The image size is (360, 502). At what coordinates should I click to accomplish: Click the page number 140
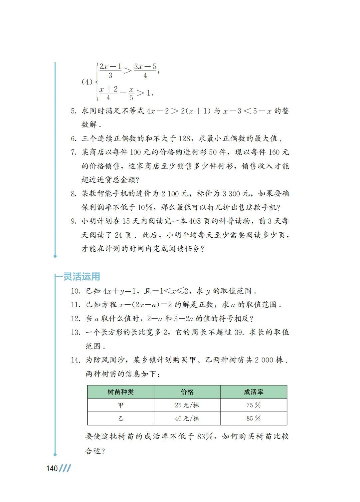tap(52, 469)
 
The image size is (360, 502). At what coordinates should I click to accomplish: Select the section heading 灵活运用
tap(82, 276)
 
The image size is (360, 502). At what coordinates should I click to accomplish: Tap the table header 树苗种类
tap(120, 392)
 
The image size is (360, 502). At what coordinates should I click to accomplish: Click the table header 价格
tap(187, 392)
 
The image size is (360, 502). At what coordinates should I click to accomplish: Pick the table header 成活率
tap(254, 392)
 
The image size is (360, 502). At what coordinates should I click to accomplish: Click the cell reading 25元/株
tap(187, 405)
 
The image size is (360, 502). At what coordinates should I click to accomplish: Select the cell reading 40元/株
tap(187, 418)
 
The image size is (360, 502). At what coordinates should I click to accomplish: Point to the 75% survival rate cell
tap(254, 405)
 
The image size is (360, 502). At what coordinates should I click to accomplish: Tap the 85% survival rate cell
tap(254, 418)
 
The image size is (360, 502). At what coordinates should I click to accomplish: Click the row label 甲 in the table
tap(120, 405)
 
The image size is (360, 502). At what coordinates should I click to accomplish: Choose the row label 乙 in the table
tap(120, 418)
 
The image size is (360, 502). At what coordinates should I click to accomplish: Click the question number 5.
tap(74, 111)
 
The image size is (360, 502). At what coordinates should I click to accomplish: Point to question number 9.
tap(74, 221)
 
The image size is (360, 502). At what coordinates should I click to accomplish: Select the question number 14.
tap(76, 360)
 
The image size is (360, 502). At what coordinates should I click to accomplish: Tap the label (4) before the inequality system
tap(87, 82)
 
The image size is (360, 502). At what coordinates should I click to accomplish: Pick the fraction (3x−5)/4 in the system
tap(145, 71)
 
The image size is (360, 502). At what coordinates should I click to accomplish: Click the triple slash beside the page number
tap(65, 469)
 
